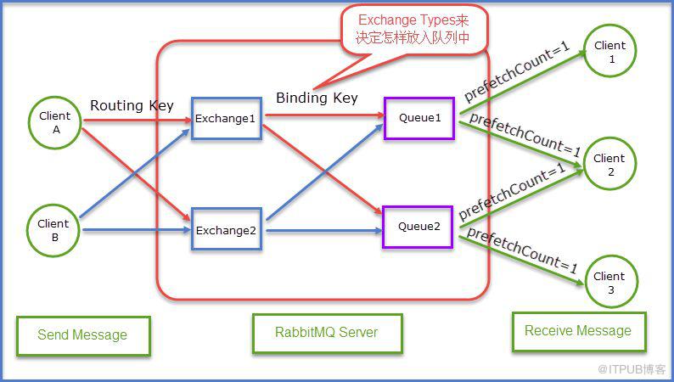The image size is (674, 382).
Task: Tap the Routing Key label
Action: point(132,106)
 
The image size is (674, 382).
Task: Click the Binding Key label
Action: point(317,98)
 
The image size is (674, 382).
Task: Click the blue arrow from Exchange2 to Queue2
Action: point(324,231)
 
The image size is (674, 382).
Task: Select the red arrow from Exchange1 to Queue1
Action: point(325,115)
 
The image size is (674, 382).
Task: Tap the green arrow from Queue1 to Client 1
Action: point(523,82)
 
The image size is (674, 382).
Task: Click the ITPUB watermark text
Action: point(632,368)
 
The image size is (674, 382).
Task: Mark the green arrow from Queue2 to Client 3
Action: point(522,261)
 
